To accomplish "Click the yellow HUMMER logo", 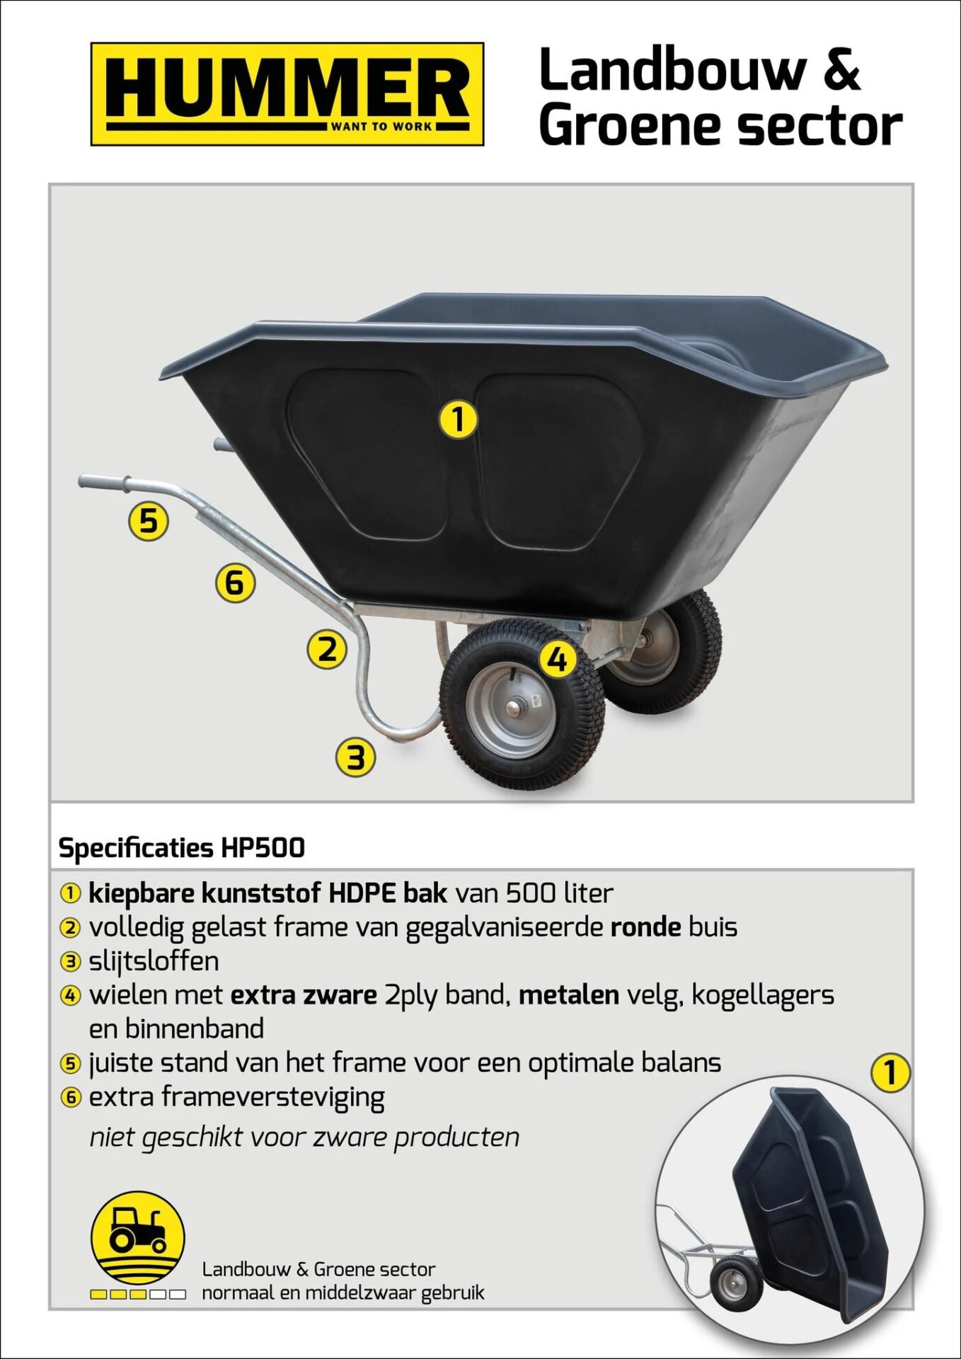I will (x=287, y=94).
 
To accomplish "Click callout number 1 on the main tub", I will (x=459, y=418).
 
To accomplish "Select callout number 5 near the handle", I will (x=148, y=521).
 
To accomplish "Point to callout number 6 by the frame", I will (x=235, y=583).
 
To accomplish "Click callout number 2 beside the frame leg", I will (x=327, y=649).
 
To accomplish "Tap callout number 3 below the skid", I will (x=355, y=757).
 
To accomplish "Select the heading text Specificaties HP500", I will (x=181, y=847).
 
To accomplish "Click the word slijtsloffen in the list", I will (x=154, y=961).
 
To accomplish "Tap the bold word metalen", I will (x=568, y=994).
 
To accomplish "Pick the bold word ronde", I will (x=645, y=927).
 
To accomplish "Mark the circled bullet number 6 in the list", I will (x=71, y=1098).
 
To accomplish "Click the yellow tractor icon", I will (x=138, y=1237).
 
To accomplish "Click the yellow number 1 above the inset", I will (x=890, y=1072).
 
